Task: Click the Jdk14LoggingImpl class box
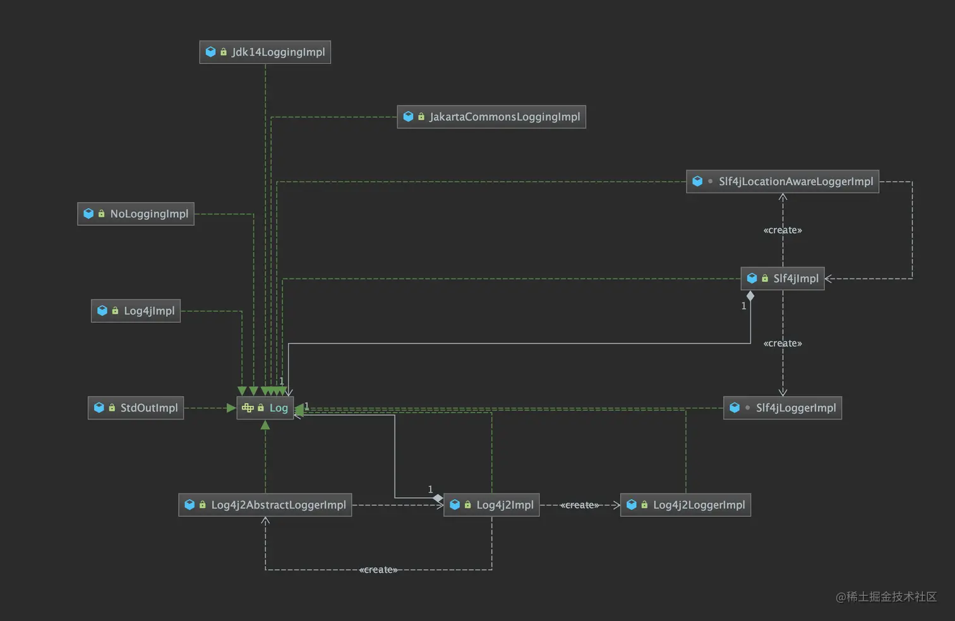tap(265, 52)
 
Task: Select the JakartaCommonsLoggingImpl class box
tap(491, 117)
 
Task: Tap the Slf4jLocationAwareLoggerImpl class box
tap(783, 181)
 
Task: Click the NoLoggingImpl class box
tap(136, 214)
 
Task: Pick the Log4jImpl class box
tap(136, 311)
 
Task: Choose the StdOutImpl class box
tap(136, 408)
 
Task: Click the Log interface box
tap(265, 408)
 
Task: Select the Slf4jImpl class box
tap(783, 279)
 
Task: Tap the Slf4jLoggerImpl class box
tap(783, 408)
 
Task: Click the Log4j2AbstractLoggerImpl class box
tap(265, 505)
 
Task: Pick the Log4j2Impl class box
tap(491, 505)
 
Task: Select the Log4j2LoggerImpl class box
tap(685, 505)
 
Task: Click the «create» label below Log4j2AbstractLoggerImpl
tap(378, 570)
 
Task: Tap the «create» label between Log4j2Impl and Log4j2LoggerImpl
tap(579, 505)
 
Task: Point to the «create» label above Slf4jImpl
tap(783, 230)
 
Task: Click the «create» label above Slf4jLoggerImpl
tap(783, 343)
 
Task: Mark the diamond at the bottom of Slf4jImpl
tap(750, 296)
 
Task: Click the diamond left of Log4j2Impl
tap(438, 498)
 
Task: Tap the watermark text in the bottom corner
tap(886, 596)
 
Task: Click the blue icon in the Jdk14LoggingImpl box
tap(211, 52)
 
